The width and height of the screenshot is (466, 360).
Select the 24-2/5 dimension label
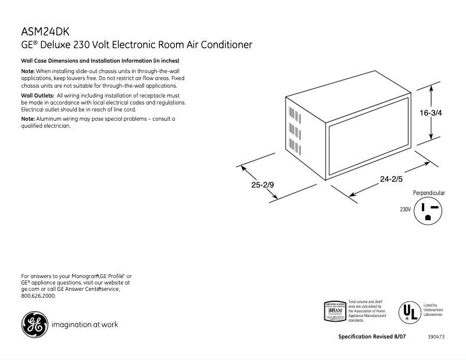coord(392,179)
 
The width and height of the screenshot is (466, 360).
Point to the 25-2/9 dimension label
coord(263,186)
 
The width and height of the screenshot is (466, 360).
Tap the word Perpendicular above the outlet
coord(429,193)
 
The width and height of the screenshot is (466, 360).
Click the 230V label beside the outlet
coord(405,209)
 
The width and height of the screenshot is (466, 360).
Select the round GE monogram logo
coord(34,325)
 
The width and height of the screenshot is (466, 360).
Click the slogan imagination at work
coord(85,325)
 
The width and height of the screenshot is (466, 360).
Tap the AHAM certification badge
coord(335,311)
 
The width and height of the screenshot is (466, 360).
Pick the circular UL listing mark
coord(409,311)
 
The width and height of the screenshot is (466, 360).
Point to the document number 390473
coord(436,337)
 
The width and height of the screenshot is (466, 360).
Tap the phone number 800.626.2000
coord(38,296)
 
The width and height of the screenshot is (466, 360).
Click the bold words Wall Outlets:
coord(38,95)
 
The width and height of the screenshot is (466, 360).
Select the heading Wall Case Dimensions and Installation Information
coord(100,61)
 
